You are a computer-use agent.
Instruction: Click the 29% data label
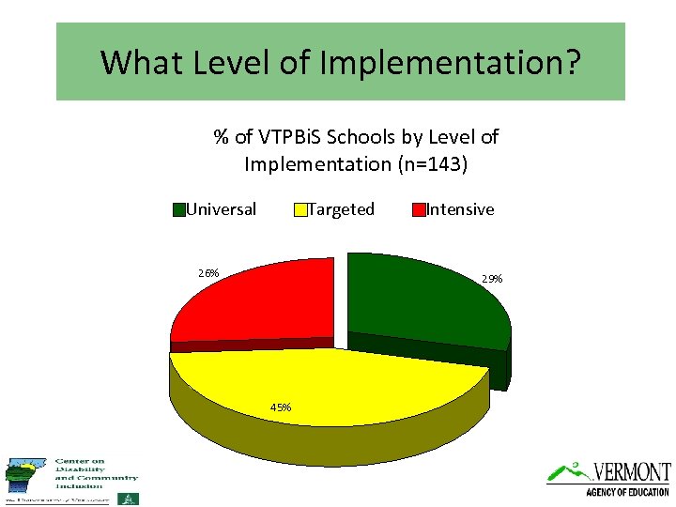(x=492, y=279)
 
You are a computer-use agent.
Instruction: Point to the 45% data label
(x=281, y=407)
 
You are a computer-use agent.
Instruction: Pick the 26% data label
(x=208, y=273)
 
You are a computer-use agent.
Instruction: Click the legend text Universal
(x=222, y=209)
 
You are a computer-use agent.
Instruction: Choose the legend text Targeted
(x=342, y=209)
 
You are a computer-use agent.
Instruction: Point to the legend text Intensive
(x=460, y=209)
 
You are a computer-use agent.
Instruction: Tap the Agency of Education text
(x=627, y=492)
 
